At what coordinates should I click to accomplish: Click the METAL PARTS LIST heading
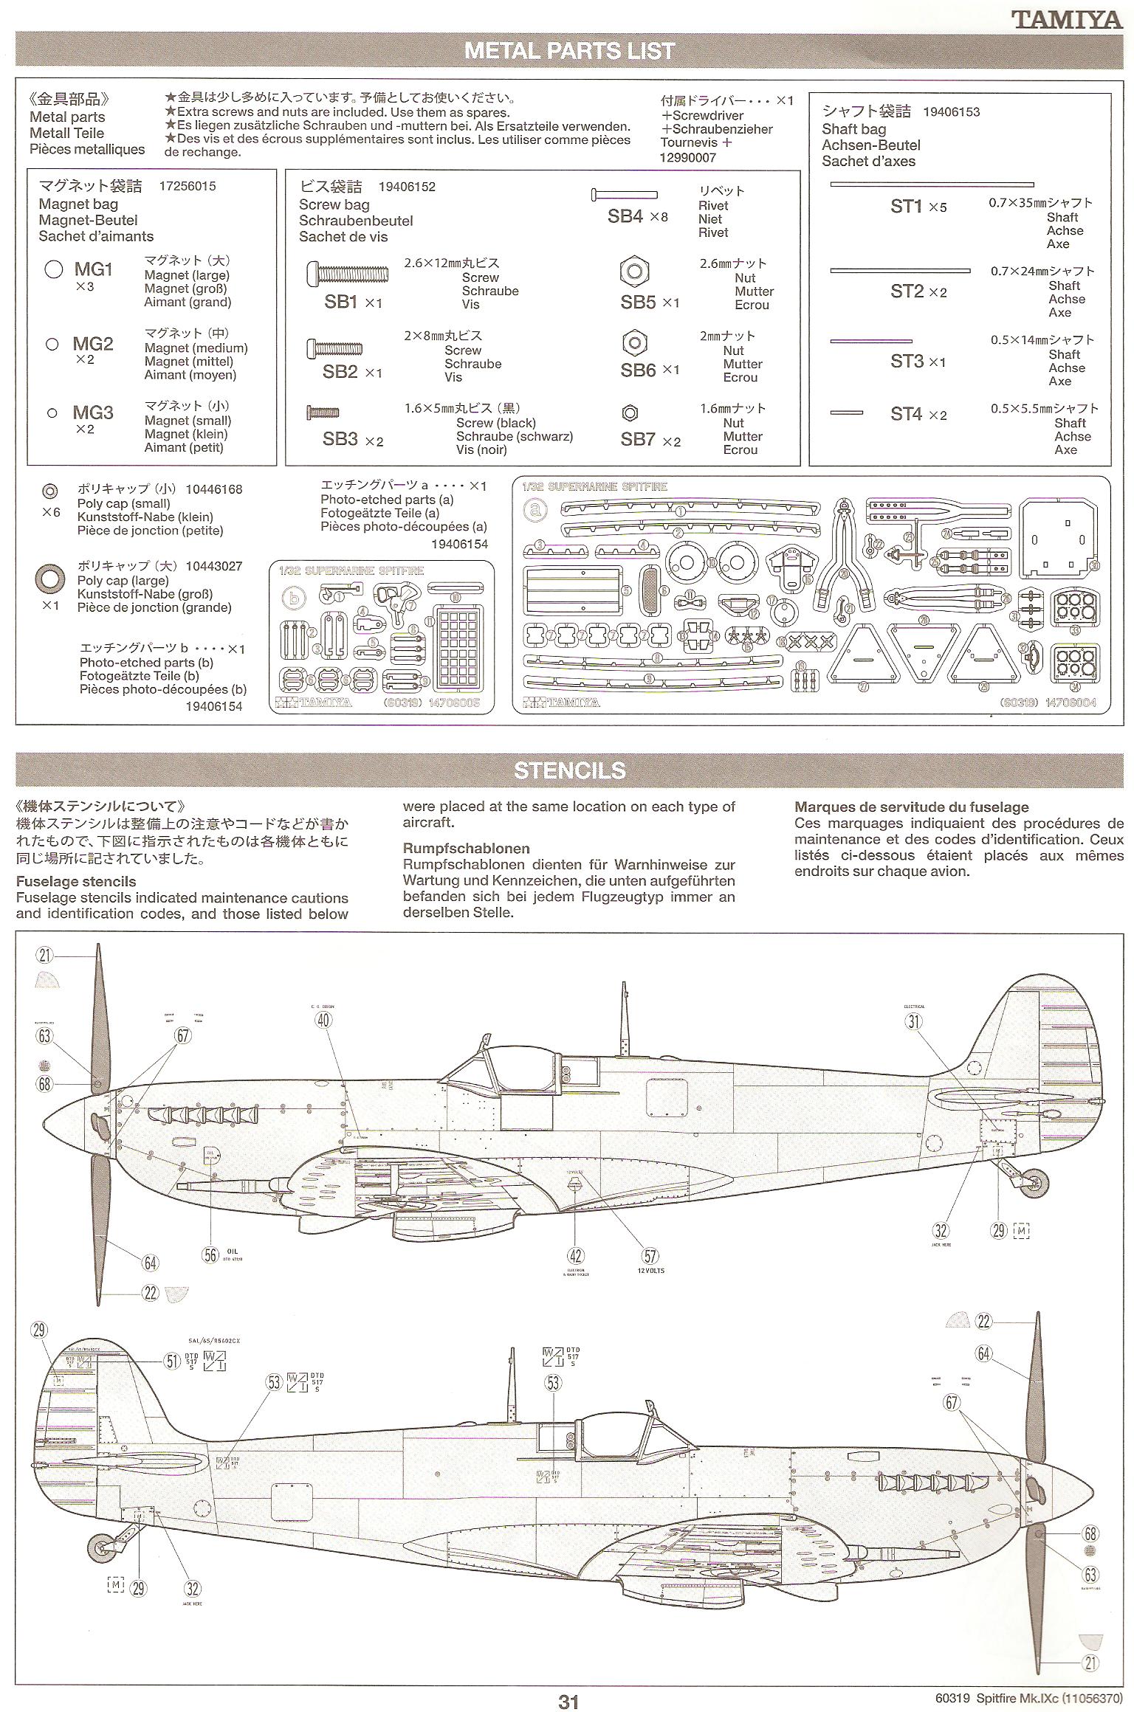coord(569,51)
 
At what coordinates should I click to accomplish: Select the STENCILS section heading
coord(569,770)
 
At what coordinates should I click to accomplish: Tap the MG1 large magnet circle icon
coord(54,269)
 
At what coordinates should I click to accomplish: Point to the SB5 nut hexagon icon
coord(634,272)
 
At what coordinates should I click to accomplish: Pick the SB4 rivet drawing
coord(624,195)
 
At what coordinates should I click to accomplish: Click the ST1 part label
coord(907,207)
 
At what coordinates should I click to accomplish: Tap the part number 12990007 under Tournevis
coord(688,157)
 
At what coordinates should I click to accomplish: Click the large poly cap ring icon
coord(49,579)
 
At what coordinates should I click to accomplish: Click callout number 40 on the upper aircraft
coord(323,1020)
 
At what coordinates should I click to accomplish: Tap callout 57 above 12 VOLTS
coord(650,1255)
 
